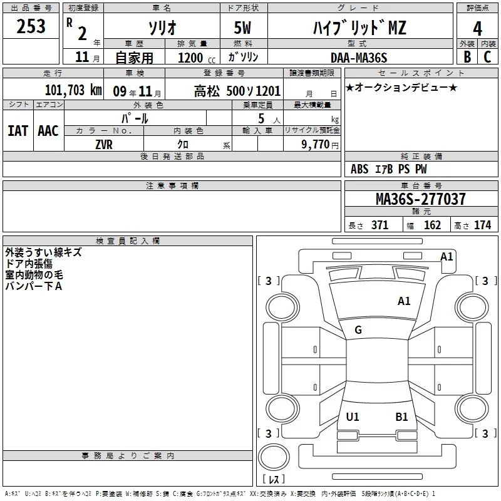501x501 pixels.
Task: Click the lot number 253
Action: click(31, 26)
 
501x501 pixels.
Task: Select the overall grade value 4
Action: click(477, 28)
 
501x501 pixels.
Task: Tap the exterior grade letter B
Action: click(467, 57)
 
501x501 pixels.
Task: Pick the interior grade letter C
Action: click(487, 57)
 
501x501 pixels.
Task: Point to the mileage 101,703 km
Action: click(73, 90)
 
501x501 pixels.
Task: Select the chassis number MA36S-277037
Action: click(420, 199)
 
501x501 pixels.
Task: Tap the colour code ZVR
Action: click(103, 145)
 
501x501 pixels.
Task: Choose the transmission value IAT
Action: click(18, 130)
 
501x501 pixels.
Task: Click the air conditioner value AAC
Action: click(48, 130)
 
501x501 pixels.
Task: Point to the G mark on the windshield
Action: click(358, 330)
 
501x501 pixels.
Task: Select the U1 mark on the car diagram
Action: click(353, 416)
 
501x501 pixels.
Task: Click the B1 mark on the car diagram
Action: click(401, 416)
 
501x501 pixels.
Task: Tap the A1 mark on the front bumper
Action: click(447, 257)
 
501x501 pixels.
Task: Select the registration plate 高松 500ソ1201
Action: click(237, 91)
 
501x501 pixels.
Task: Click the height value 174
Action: click(482, 225)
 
